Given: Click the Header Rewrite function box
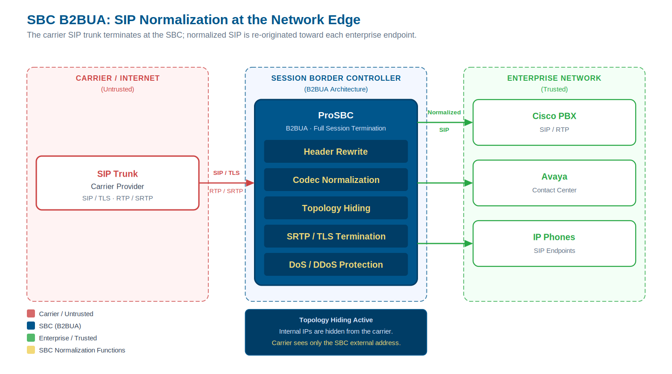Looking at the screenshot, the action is click(336, 152).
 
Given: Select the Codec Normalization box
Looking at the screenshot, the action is click(336, 180).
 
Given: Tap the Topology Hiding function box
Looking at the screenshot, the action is click(336, 208).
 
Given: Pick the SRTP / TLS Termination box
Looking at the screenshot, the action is click(336, 236).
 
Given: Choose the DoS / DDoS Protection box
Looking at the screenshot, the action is click(336, 265).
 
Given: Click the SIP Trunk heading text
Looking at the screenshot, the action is click(117, 174).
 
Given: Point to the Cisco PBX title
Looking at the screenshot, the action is click(554, 116).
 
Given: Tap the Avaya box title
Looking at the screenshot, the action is click(554, 177).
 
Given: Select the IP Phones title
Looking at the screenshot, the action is click(554, 237).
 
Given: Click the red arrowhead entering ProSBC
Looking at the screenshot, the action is click(250, 183).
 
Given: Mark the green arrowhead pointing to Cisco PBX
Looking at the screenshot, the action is click(469, 122).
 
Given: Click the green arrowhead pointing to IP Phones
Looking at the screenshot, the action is click(469, 244).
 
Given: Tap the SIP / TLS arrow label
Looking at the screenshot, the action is click(226, 173).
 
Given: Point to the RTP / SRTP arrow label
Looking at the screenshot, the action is click(226, 191).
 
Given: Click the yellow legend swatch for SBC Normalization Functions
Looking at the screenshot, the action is click(31, 350).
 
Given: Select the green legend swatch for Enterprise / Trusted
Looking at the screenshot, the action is click(31, 338).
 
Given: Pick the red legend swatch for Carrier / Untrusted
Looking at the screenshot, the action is click(31, 313).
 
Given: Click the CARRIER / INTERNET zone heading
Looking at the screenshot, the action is click(117, 78).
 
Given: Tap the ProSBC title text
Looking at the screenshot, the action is click(336, 115).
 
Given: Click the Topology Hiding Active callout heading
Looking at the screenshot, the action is click(336, 320).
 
